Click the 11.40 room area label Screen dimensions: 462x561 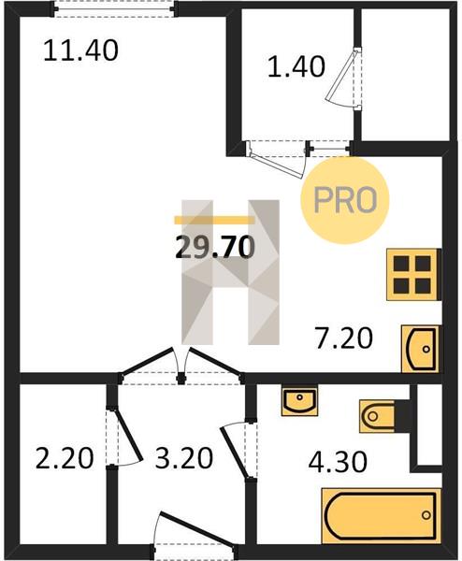point(80,50)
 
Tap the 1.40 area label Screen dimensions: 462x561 point(296,67)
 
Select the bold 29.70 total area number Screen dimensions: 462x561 point(215,248)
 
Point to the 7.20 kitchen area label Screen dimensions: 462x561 point(344,338)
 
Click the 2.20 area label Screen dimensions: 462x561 point(65,458)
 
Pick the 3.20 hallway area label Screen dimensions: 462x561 point(184,458)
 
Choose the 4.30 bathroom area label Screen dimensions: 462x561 point(338,462)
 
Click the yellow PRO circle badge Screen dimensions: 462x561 point(344,200)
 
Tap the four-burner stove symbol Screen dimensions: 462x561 point(413,274)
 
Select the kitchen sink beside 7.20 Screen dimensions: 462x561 point(421,349)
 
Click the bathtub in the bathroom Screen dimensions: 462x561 point(381,515)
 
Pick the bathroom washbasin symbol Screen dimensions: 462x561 point(299,400)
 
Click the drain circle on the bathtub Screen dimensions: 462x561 point(426,515)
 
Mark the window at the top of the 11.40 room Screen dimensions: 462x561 point(115,8)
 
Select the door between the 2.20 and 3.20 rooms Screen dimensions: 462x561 point(123,436)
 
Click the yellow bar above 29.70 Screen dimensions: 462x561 point(214,220)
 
